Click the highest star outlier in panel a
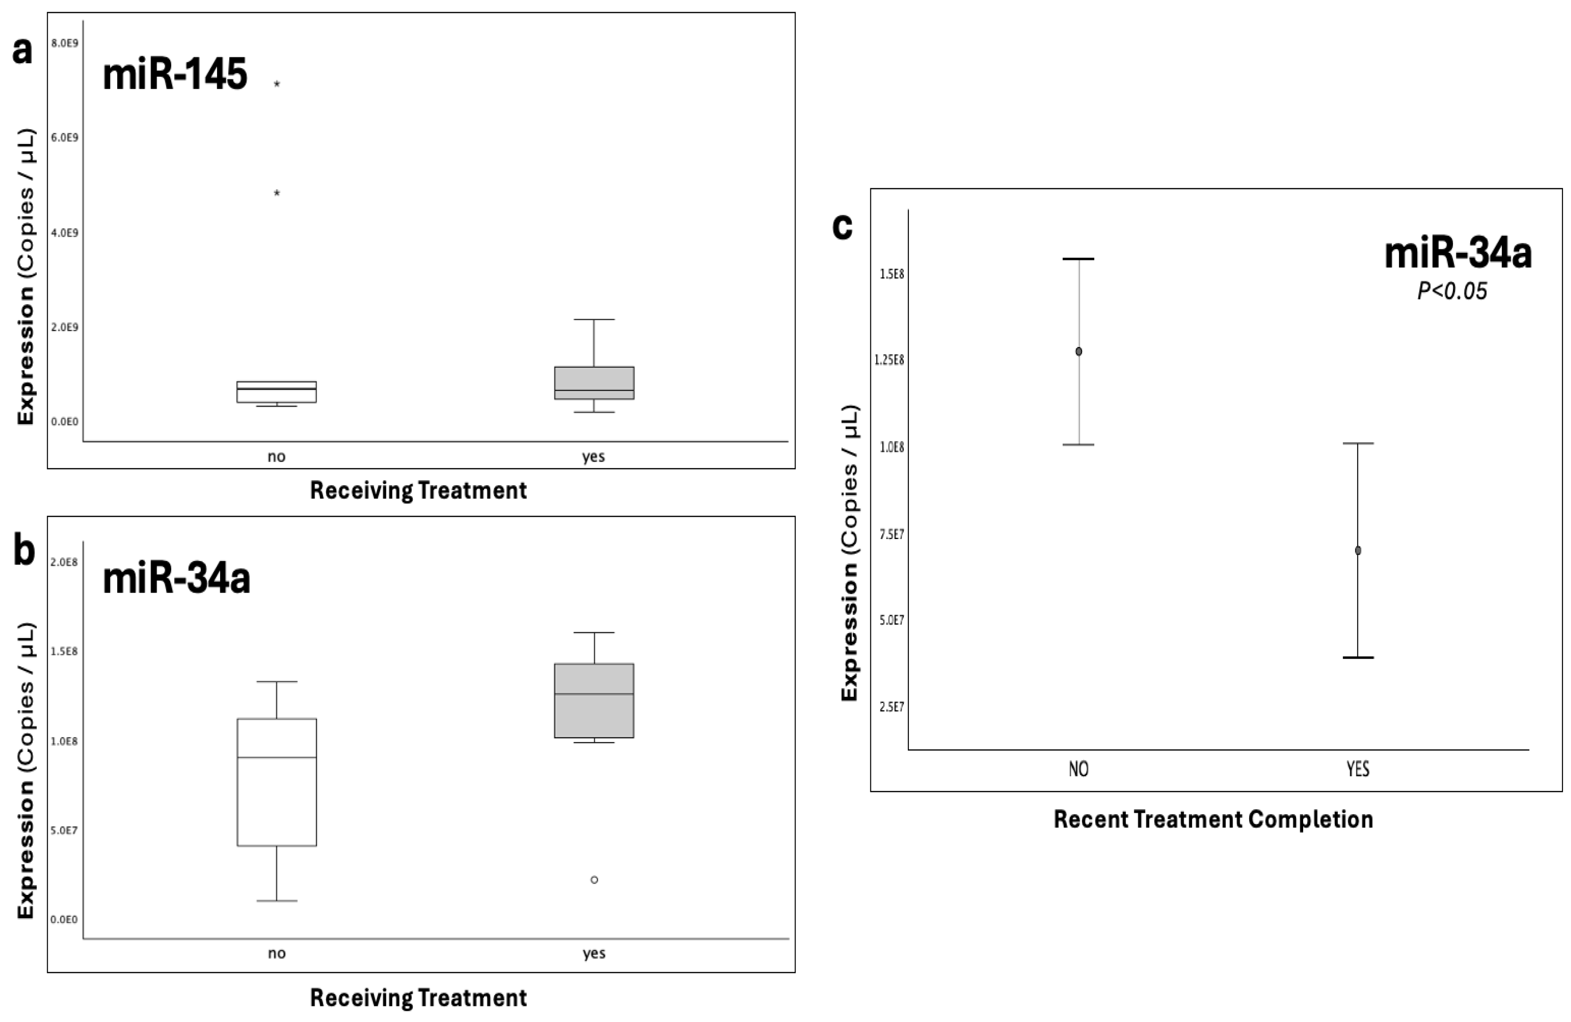pos(277,84)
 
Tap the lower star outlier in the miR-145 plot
pos(277,193)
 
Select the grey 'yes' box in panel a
pos(594,383)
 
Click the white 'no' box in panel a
pos(277,392)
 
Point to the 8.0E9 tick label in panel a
pos(65,43)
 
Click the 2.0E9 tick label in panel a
pos(65,327)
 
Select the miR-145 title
pos(175,74)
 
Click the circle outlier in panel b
pos(594,879)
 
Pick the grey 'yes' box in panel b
pos(594,701)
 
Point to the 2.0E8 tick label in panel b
pos(64,562)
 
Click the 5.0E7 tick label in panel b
pos(64,830)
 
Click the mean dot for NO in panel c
pos(1079,351)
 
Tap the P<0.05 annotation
pos(1452,291)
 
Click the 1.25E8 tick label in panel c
pos(889,360)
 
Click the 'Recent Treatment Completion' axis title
pos(1213,819)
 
